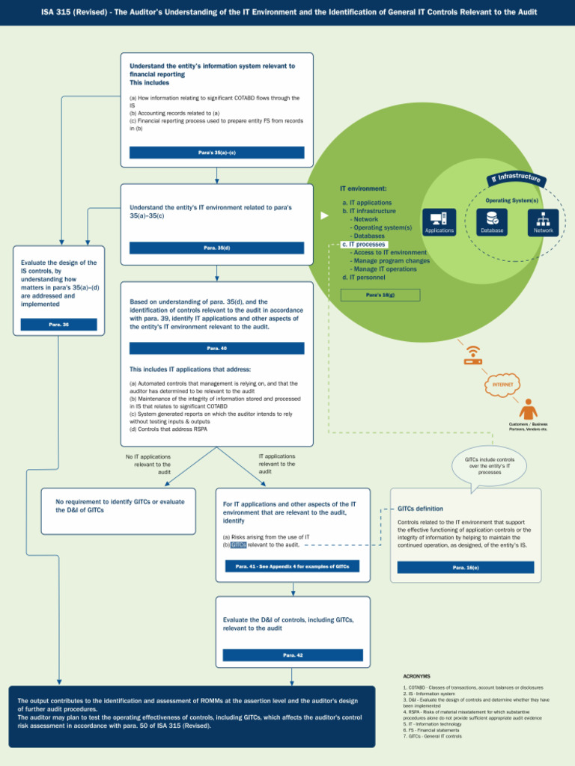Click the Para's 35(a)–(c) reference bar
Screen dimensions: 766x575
(x=216, y=153)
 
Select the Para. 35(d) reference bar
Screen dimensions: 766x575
(x=216, y=248)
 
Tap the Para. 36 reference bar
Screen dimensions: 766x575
(x=58, y=325)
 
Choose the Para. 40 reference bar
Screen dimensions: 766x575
(x=216, y=349)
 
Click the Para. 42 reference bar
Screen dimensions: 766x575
(x=293, y=655)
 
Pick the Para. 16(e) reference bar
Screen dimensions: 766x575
(x=465, y=568)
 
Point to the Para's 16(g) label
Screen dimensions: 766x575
(x=380, y=295)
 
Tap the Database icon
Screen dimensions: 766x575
(x=492, y=219)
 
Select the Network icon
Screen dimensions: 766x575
(x=543, y=219)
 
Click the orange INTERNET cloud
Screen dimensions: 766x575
(x=502, y=384)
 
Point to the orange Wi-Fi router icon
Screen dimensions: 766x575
(x=472, y=355)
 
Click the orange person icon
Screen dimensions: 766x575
(x=528, y=409)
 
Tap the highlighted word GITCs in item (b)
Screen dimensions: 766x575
(x=238, y=545)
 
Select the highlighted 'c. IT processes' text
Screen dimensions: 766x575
(x=364, y=245)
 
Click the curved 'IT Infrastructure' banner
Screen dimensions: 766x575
(x=516, y=178)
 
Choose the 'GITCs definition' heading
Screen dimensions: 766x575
(x=420, y=509)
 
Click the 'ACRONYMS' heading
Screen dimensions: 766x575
(x=416, y=675)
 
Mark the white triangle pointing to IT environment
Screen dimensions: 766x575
(x=324, y=215)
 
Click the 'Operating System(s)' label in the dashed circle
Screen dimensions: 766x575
(x=511, y=200)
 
